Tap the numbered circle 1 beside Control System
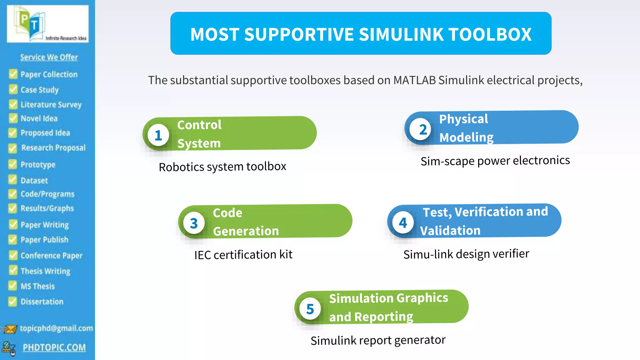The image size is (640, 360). [158, 135]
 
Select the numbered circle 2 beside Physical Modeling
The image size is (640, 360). [423, 129]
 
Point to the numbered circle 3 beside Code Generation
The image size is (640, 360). [194, 223]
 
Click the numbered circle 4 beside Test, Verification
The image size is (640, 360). [403, 223]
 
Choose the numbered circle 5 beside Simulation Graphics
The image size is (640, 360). [310, 309]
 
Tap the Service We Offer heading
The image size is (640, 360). [49, 57]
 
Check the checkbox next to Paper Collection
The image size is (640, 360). [13, 74]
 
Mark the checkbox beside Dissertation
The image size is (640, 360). [13, 301]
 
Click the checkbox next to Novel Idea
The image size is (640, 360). [13, 118]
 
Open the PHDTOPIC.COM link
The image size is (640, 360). [54, 347]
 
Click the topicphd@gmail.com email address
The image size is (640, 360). [57, 328]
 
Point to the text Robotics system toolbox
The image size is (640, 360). [222, 167]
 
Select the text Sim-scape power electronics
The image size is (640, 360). [495, 161]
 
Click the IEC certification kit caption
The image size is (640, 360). [243, 255]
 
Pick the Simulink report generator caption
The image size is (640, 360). [378, 340]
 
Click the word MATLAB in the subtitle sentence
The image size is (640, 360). [414, 80]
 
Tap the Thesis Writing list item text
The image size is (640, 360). [46, 271]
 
